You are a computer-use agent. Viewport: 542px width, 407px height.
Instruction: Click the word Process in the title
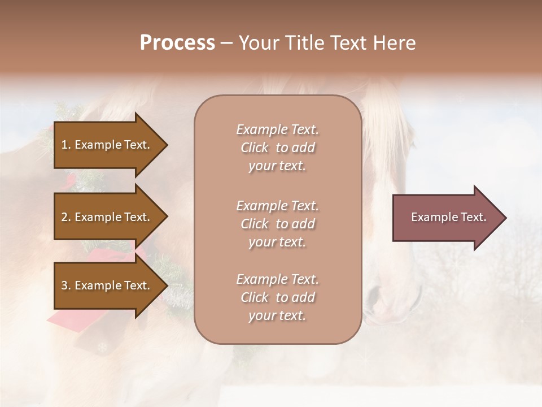coord(177,42)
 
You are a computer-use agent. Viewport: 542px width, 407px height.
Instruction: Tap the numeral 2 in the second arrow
coord(64,217)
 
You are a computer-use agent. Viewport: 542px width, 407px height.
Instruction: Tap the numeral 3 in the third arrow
coord(64,285)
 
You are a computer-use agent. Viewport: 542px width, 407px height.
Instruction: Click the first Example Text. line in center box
coord(277,129)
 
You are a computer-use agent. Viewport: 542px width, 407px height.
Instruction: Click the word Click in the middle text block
coord(254,224)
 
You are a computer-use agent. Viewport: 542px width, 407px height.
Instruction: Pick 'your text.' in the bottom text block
coord(277,315)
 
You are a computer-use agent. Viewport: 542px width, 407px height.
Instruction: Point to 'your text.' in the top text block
coord(277,166)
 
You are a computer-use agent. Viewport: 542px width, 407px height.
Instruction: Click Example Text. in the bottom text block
coord(277,279)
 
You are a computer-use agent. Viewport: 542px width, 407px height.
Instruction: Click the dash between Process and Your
coord(227,43)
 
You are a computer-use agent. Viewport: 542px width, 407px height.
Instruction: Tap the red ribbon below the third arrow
coord(62,322)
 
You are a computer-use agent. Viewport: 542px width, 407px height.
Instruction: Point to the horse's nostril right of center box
coord(374,294)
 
